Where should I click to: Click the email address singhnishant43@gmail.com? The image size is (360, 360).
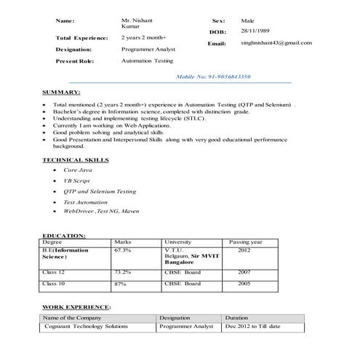276,43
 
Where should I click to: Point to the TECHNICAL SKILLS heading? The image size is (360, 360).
76,159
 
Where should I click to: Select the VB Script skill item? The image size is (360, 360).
77,180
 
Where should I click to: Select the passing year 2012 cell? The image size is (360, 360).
244,249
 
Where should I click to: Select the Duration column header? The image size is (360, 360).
236,318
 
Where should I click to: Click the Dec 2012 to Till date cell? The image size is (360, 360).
252,327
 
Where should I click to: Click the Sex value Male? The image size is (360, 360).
248,22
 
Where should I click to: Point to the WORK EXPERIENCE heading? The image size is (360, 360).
76,308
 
